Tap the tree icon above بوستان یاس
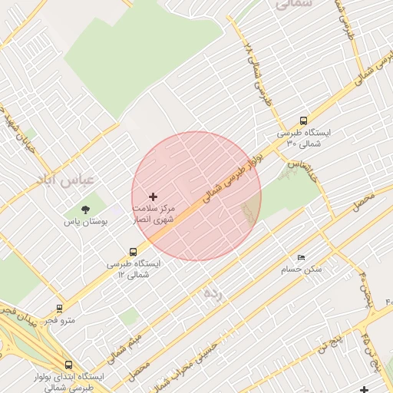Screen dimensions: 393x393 point(84,209)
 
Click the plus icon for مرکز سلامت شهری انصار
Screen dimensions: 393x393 point(153,197)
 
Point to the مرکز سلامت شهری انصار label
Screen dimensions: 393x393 point(154,214)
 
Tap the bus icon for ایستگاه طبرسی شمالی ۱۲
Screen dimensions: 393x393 point(134,251)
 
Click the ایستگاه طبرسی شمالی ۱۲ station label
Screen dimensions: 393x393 point(134,269)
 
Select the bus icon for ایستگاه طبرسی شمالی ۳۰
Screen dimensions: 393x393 point(303,121)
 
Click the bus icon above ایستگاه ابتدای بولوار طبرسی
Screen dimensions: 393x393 point(69,365)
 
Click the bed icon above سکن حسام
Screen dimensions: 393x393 point(300,257)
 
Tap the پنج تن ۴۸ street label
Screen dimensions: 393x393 point(366,349)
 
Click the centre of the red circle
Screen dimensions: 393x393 point(196,196)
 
